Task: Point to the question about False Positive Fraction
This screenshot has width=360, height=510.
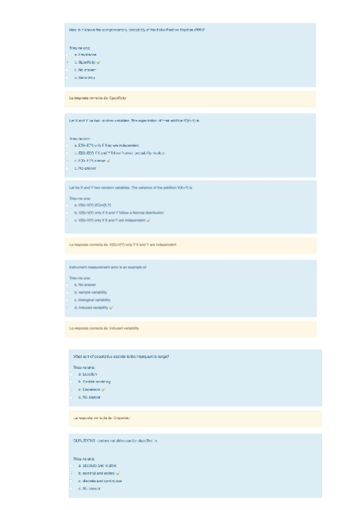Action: [138, 29]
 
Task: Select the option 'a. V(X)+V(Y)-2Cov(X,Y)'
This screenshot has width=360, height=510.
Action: [100, 205]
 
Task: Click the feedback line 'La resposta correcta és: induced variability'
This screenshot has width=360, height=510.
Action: [105, 328]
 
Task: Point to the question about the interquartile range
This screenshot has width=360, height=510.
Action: [125, 356]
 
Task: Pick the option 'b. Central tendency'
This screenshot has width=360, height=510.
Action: [96, 382]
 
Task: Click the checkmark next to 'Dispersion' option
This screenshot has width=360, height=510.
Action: [106, 390]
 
